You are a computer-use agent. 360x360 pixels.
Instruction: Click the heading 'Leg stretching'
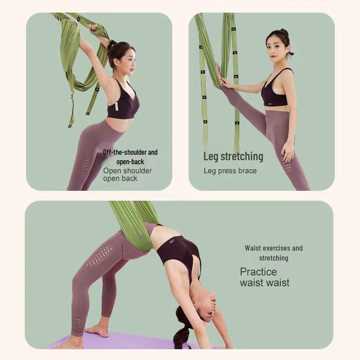(233, 157)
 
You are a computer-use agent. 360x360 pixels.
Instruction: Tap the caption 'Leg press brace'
(230, 171)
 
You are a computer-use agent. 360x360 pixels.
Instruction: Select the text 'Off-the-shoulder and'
(130, 153)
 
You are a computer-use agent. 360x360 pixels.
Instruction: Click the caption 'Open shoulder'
(127, 171)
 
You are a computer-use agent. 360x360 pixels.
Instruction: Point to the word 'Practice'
(258, 272)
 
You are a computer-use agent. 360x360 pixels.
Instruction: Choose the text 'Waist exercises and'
(274, 248)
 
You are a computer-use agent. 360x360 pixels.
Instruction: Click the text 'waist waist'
(265, 283)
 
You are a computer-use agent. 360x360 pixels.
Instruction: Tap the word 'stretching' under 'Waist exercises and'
(274, 258)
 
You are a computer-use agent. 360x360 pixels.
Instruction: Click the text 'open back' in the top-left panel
(120, 179)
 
